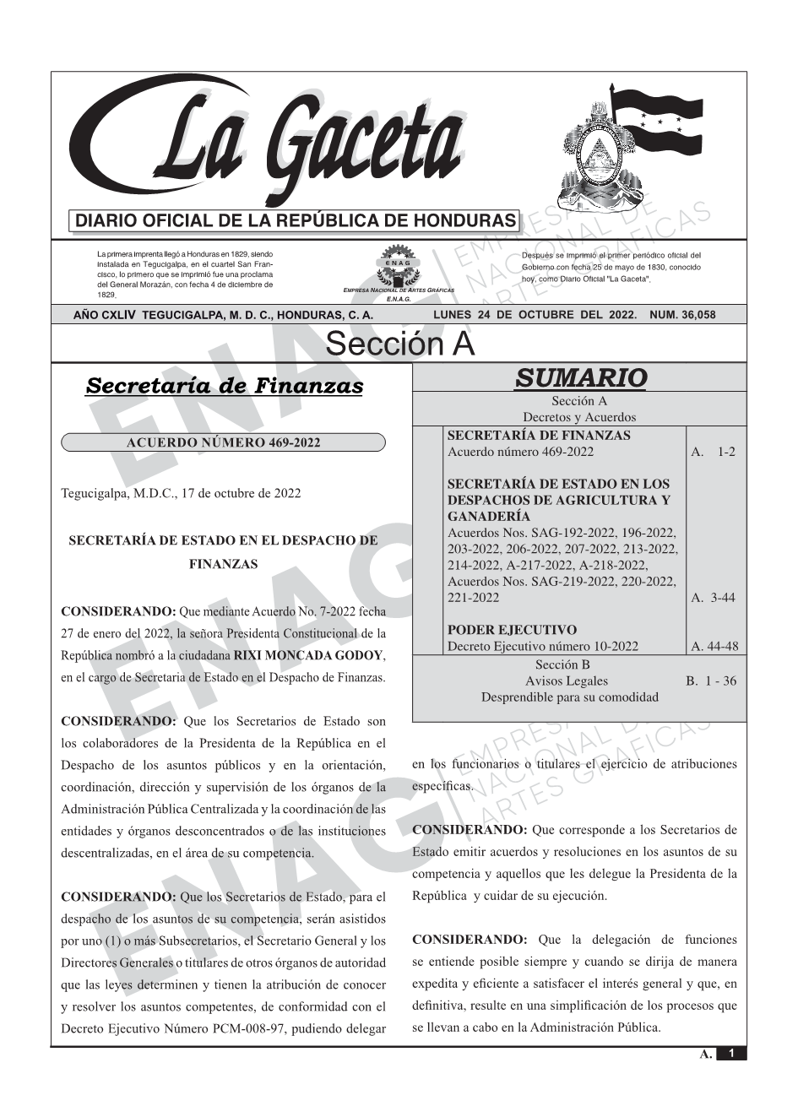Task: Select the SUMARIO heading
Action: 580,378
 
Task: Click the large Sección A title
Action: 399,344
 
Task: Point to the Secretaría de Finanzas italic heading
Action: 225,387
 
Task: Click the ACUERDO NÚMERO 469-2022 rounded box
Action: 223,442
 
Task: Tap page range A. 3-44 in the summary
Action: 713,598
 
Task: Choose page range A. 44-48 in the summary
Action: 714,647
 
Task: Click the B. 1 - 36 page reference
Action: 710,681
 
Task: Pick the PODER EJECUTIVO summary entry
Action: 512,630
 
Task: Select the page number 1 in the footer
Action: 731,1054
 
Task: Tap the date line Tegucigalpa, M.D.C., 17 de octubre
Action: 181,493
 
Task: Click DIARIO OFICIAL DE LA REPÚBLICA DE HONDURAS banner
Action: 296,221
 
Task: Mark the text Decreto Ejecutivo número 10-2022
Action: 542,647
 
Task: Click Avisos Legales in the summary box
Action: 566,681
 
